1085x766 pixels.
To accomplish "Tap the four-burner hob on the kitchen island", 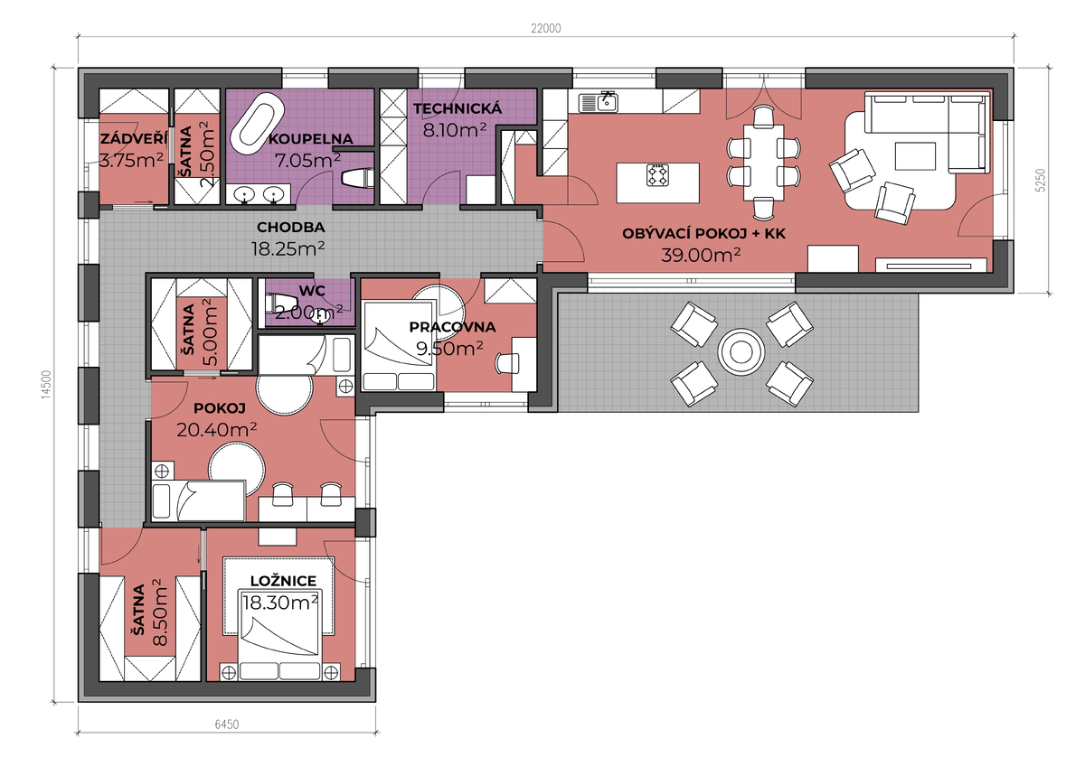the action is [658, 175].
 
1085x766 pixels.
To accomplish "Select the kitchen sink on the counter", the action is [599, 102].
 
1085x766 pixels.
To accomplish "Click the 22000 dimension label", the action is [546, 29].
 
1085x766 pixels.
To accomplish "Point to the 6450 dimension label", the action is [227, 724].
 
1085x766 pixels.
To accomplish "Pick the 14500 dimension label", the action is [46, 385].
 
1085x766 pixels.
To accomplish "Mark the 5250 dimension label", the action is [1041, 180].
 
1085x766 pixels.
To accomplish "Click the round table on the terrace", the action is [741, 351].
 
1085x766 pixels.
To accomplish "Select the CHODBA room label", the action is [290, 227].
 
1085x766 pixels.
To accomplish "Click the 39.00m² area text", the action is [701, 255].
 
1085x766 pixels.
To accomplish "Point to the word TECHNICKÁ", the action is [458, 107].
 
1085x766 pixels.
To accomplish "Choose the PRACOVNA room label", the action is [452, 327].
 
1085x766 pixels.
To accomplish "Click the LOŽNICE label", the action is [283, 581].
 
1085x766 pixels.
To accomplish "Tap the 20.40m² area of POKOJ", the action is [216, 429].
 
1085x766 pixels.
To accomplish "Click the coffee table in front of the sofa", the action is [915, 155].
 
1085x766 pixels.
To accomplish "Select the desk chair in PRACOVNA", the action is [507, 363].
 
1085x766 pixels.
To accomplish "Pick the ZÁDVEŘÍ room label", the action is [134, 138].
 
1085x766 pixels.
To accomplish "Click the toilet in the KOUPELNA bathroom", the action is [357, 178].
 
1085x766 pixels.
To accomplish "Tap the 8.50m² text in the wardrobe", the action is [160, 612].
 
